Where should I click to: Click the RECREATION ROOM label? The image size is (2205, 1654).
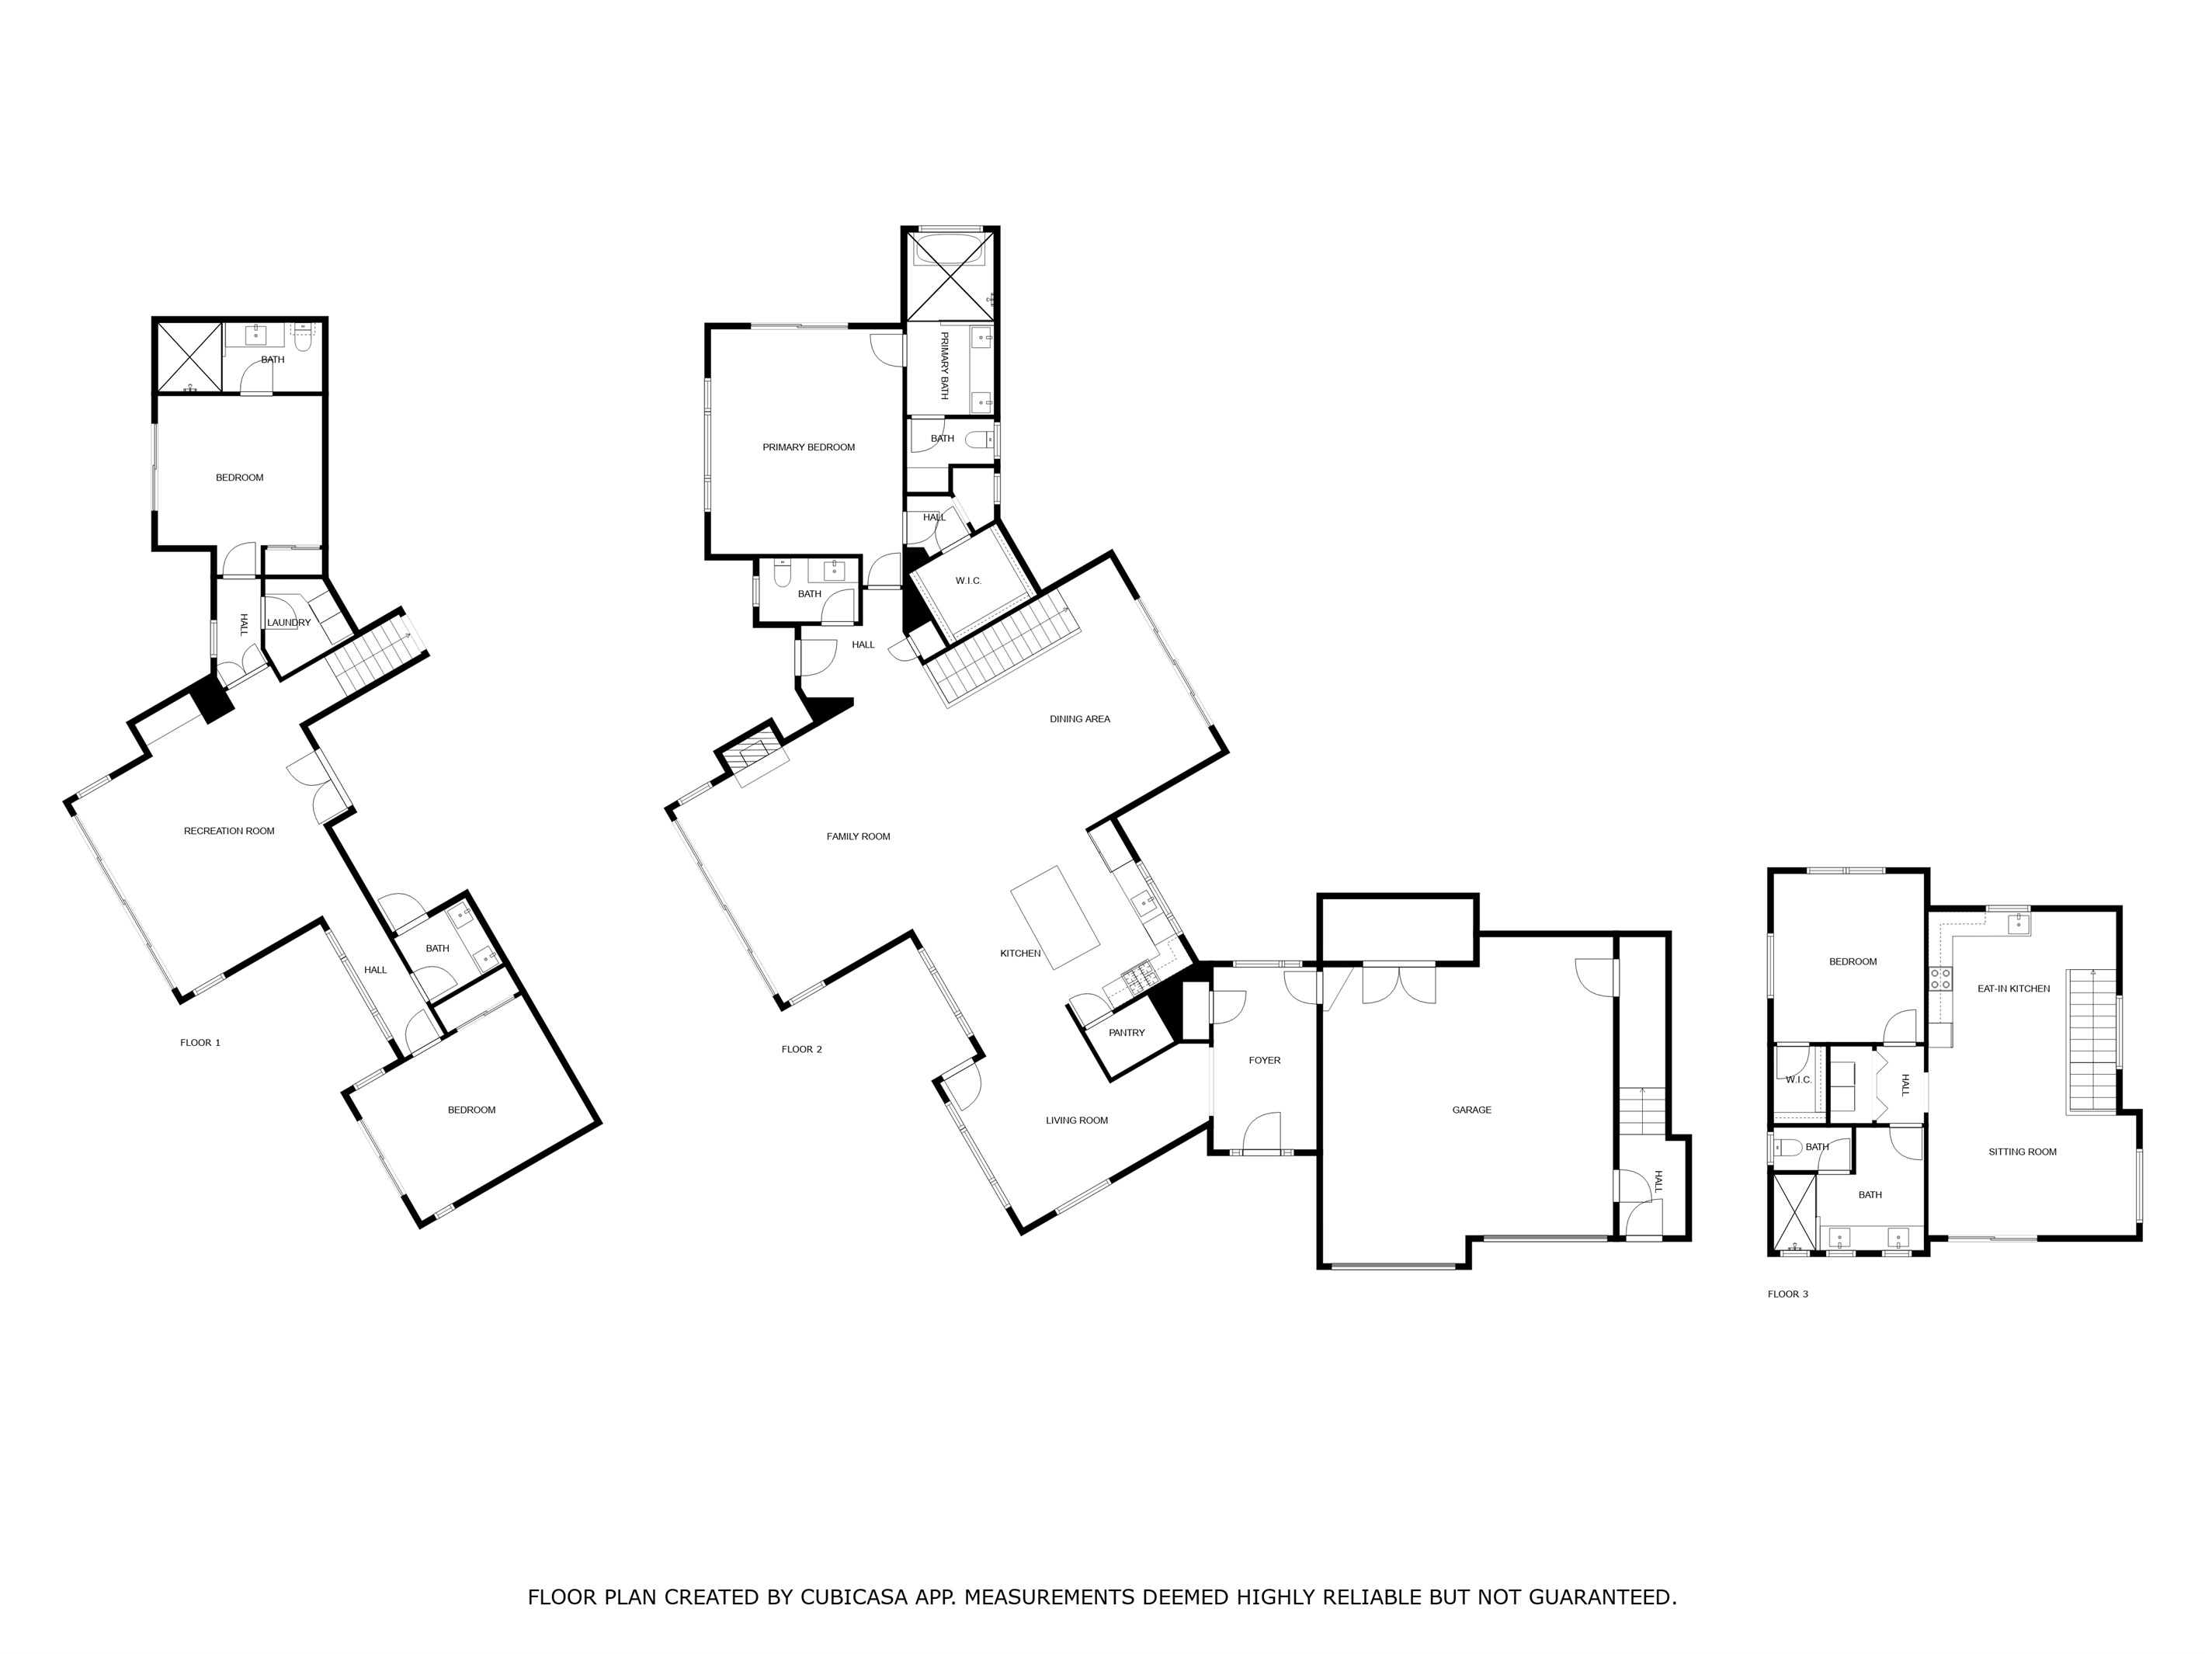[x=229, y=830]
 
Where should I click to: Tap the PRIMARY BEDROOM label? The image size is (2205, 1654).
[x=808, y=447]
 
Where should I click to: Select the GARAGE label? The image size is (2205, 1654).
[x=1471, y=1110]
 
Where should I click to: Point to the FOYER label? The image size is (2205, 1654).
[x=1264, y=1060]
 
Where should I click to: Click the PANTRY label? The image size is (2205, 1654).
[x=1127, y=1033]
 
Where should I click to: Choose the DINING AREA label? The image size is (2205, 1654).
[x=1079, y=719]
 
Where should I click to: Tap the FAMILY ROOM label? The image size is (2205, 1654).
[x=858, y=836]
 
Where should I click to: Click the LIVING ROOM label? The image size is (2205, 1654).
[x=1077, y=1121]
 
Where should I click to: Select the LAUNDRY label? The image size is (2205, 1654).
[x=288, y=623]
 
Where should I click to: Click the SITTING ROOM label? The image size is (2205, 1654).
[x=2023, y=1152]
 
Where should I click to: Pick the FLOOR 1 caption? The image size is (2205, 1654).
[x=200, y=1043]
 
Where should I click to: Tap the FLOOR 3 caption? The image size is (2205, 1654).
[x=1787, y=1294]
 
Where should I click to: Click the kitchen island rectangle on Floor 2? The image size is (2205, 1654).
[x=1056, y=916]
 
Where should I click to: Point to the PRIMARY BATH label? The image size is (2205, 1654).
[x=944, y=366]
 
